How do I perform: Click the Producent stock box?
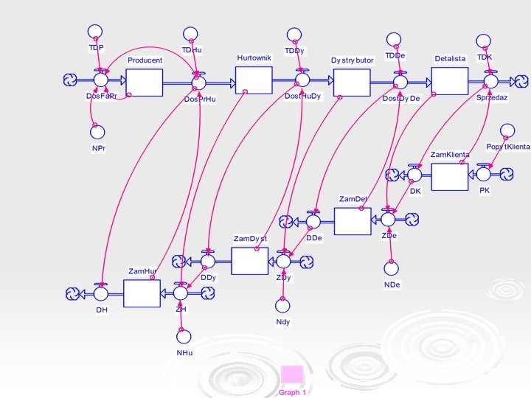coord(144,82)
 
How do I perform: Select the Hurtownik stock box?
coord(254,80)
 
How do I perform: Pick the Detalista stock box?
coord(450,81)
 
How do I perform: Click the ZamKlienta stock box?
coord(449,176)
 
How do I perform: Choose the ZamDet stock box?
coord(353,220)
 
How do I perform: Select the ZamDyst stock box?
coord(249,260)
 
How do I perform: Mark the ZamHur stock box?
coord(142,293)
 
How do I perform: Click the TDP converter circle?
coord(94,32)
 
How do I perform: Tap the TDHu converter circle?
coord(190,35)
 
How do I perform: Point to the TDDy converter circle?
coord(294,35)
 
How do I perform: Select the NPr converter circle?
coord(96,132)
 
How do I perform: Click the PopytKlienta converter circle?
coord(506,131)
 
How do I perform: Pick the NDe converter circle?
coord(392,268)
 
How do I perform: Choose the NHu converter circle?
coord(184,336)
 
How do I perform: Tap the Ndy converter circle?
coord(282,304)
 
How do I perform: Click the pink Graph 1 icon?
coord(292,376)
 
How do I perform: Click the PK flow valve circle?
coord(484,175)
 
